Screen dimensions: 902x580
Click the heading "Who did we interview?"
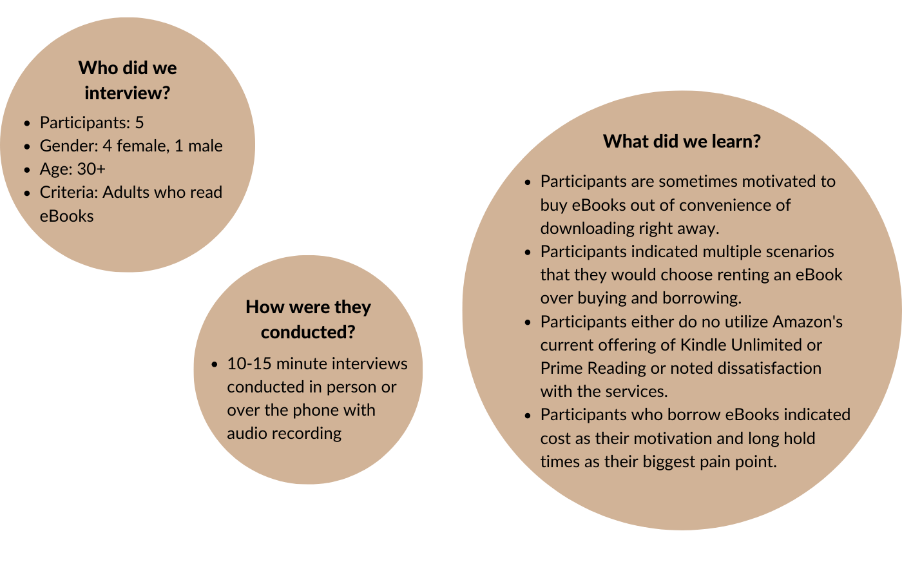pos(128,81)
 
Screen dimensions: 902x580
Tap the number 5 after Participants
pos(139,122)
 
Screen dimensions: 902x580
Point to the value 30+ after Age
pos(91,169)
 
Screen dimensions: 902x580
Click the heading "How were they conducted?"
pos(308,319)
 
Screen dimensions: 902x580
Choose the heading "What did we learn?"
pos(682,141)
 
